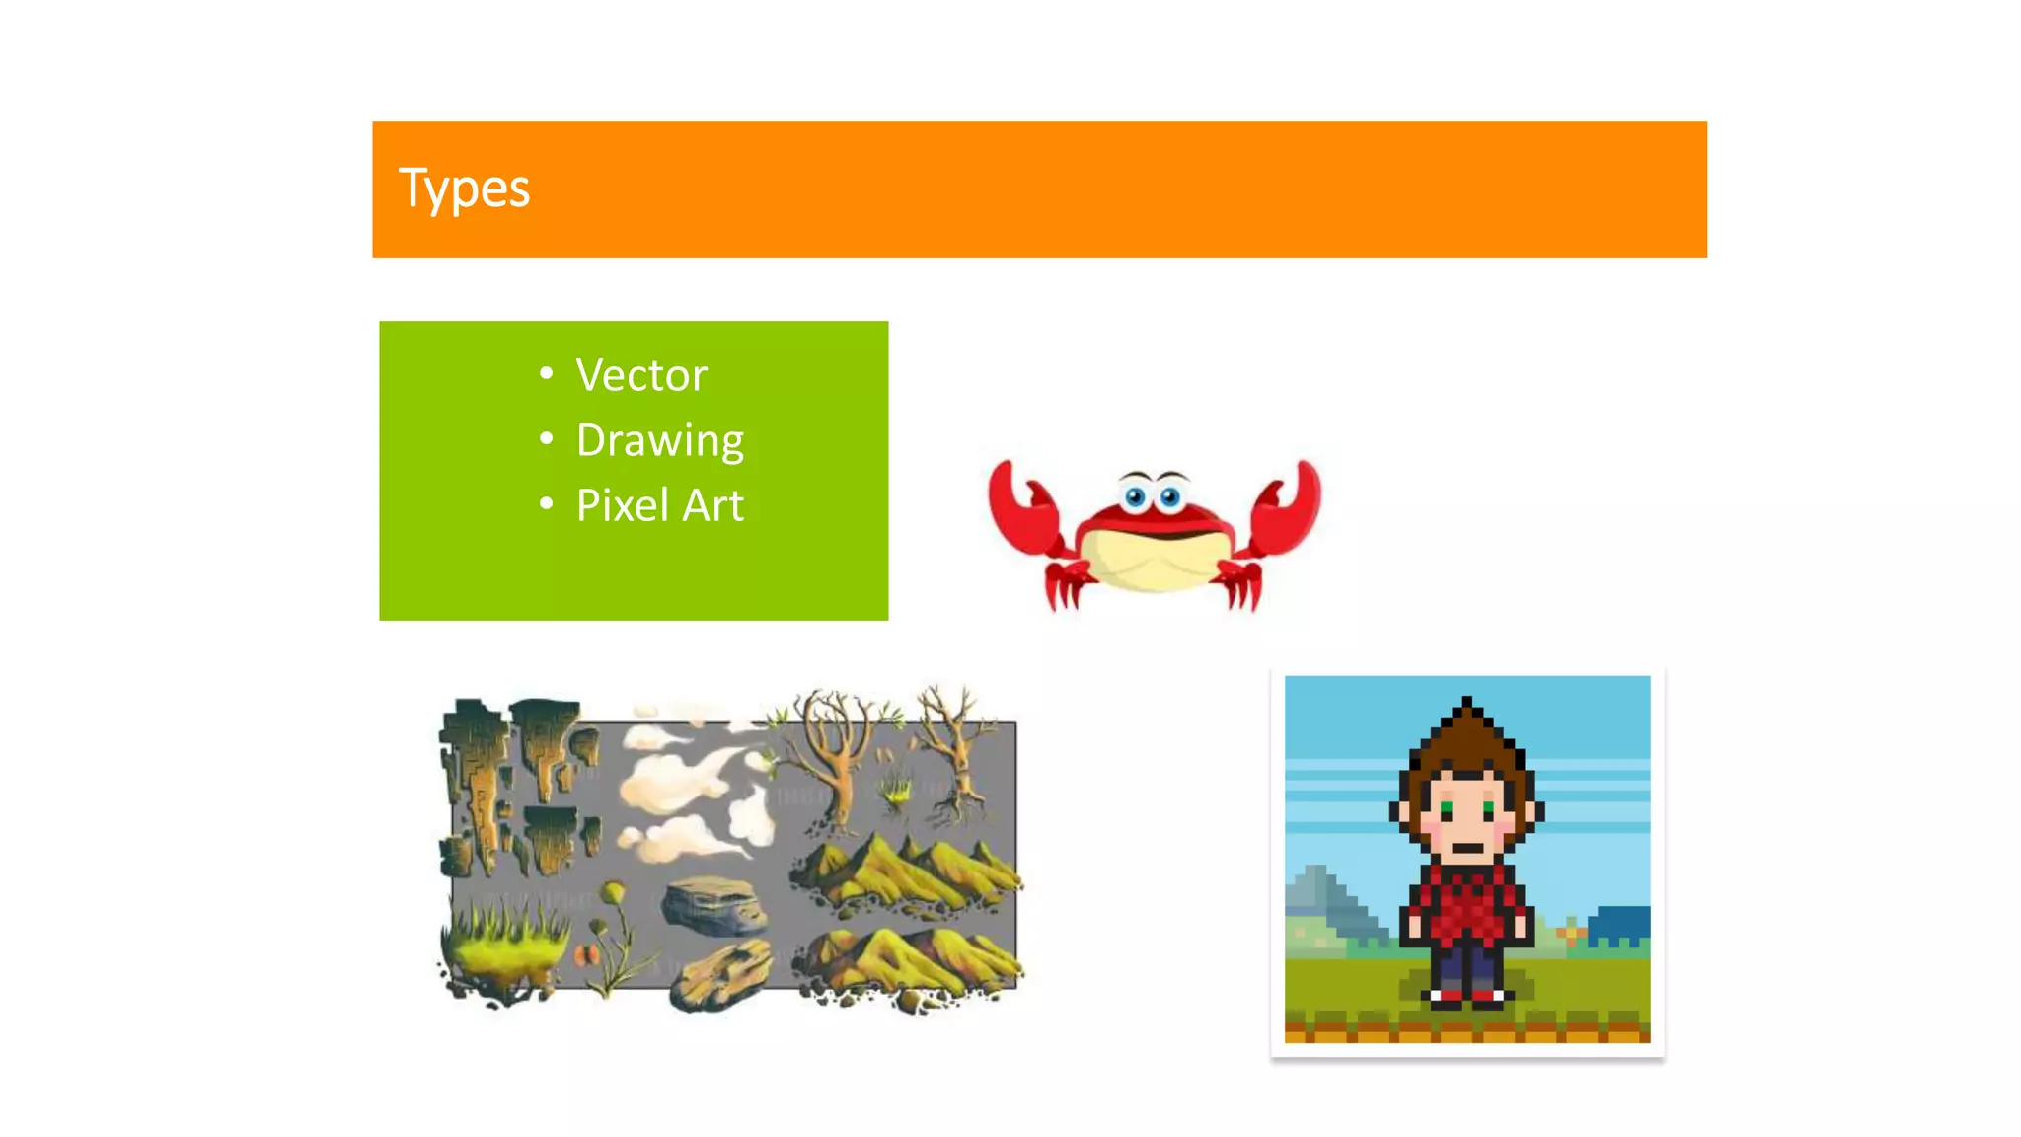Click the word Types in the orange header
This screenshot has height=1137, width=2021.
464,189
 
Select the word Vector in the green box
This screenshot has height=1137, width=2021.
641,375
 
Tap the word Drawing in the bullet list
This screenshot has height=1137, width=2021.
659,440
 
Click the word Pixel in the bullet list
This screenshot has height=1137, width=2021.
623,505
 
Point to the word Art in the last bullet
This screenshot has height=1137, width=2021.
712,505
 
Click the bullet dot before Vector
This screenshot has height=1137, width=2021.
547,373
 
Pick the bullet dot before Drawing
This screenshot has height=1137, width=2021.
547,438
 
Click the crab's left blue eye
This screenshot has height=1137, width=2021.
1135,495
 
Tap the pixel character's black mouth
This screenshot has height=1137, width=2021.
1467,847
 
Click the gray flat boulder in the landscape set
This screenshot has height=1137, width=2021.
712,903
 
